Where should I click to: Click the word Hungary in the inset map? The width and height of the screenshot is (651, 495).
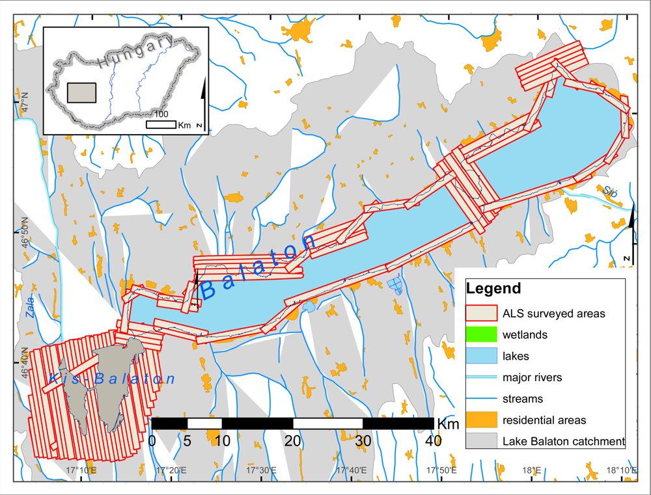pos(137,53)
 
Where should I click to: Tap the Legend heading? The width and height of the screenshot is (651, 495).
pos(494,288)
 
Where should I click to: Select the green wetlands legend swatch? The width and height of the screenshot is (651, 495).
pos(481,335)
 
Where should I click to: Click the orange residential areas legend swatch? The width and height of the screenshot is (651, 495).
pos(481,420)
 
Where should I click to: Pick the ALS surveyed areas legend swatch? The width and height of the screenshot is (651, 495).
pos(481,314)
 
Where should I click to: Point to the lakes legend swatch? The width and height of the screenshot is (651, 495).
pos(481,356)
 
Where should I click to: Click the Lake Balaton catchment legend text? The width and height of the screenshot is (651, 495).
pos(564,442)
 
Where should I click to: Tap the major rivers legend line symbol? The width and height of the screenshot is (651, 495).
pos(481,377)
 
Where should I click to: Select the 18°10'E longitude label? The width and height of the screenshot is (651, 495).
pos(622,469)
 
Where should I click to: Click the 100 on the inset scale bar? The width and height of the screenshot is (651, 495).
pos(161,114)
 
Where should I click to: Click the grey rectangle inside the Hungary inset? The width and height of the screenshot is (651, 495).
pos(82,93)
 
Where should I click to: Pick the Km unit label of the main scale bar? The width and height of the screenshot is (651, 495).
pos(449,424)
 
